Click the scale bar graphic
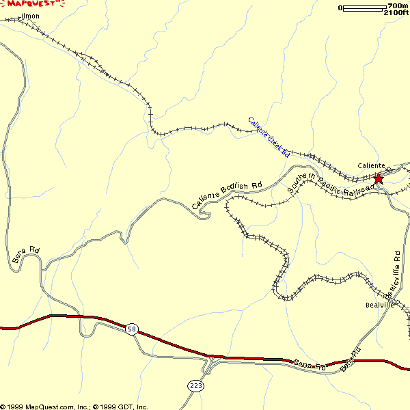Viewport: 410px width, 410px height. (363, 8)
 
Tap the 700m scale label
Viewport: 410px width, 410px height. (397, 6)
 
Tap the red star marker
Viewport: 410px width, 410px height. (379, 178)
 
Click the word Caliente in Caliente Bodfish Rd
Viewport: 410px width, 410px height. (205, 199)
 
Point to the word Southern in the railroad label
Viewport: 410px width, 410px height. (301, 183)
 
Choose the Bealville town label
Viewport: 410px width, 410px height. (381, 305)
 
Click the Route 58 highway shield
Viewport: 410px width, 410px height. (132, 329)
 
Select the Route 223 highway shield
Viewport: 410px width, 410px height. (196, 386)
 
